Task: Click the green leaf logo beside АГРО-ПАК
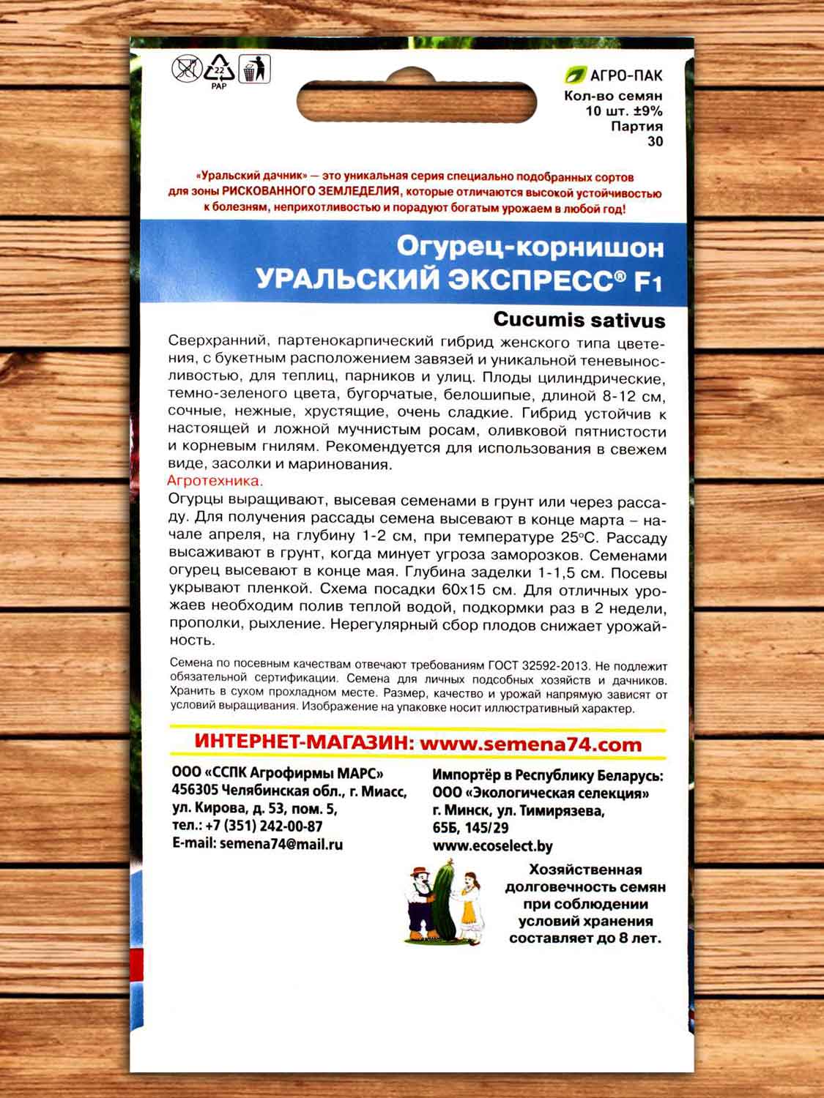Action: [576, 75]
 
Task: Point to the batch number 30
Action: [655, 141]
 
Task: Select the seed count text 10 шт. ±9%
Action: [623, 111]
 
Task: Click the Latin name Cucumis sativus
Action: [579, 320]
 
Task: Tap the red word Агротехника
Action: [215, 482]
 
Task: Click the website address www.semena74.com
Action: [531, 744]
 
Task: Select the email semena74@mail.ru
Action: [281, 844]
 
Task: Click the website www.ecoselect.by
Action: [492, 846]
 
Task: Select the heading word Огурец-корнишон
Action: [530, 247]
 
